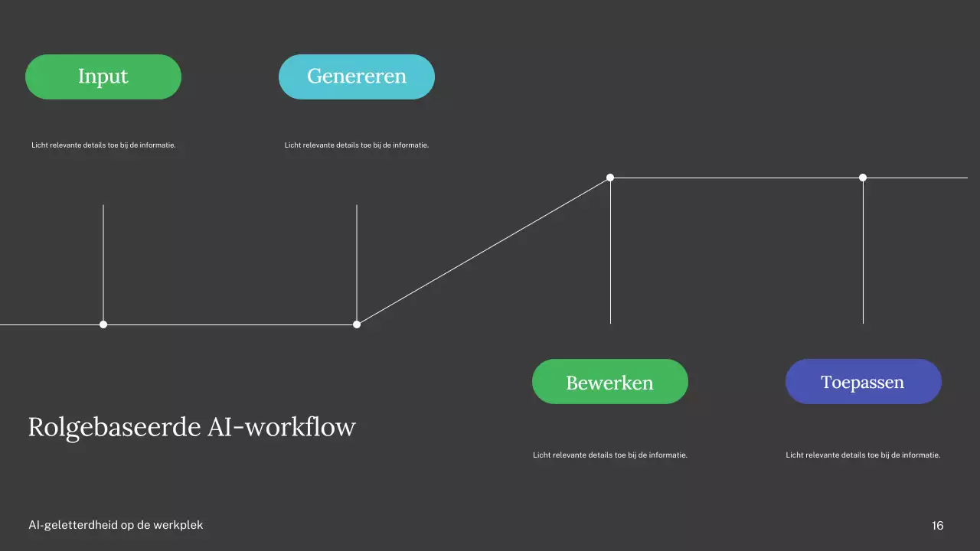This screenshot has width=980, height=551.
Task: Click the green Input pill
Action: pos(103,77)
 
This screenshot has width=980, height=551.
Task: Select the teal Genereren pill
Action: pos(357,77)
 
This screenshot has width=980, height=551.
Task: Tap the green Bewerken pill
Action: pos(610,382)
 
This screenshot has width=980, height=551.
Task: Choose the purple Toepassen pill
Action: pos(863,382)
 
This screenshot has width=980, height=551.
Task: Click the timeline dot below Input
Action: pos(103,324)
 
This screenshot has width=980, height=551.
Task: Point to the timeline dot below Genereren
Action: pos(357,324)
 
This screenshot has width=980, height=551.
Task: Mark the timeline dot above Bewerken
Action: pos(610,178)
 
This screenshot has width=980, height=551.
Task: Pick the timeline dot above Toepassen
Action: pos(863,178)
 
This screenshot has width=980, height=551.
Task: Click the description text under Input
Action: pos(103,145)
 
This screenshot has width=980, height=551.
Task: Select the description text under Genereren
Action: pos(357,145)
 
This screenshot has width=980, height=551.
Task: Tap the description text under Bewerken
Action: pos(610,455)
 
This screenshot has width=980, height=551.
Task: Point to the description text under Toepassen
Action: pos(863,455)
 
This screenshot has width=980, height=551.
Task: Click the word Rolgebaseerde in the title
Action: pos(115,427)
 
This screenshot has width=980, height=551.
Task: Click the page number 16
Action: pos(938,526)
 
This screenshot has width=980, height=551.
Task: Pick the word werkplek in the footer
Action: pos(181,526)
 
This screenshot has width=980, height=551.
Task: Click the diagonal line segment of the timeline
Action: pos(483,251)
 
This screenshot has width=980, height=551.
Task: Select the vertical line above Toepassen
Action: pos(863,253)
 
